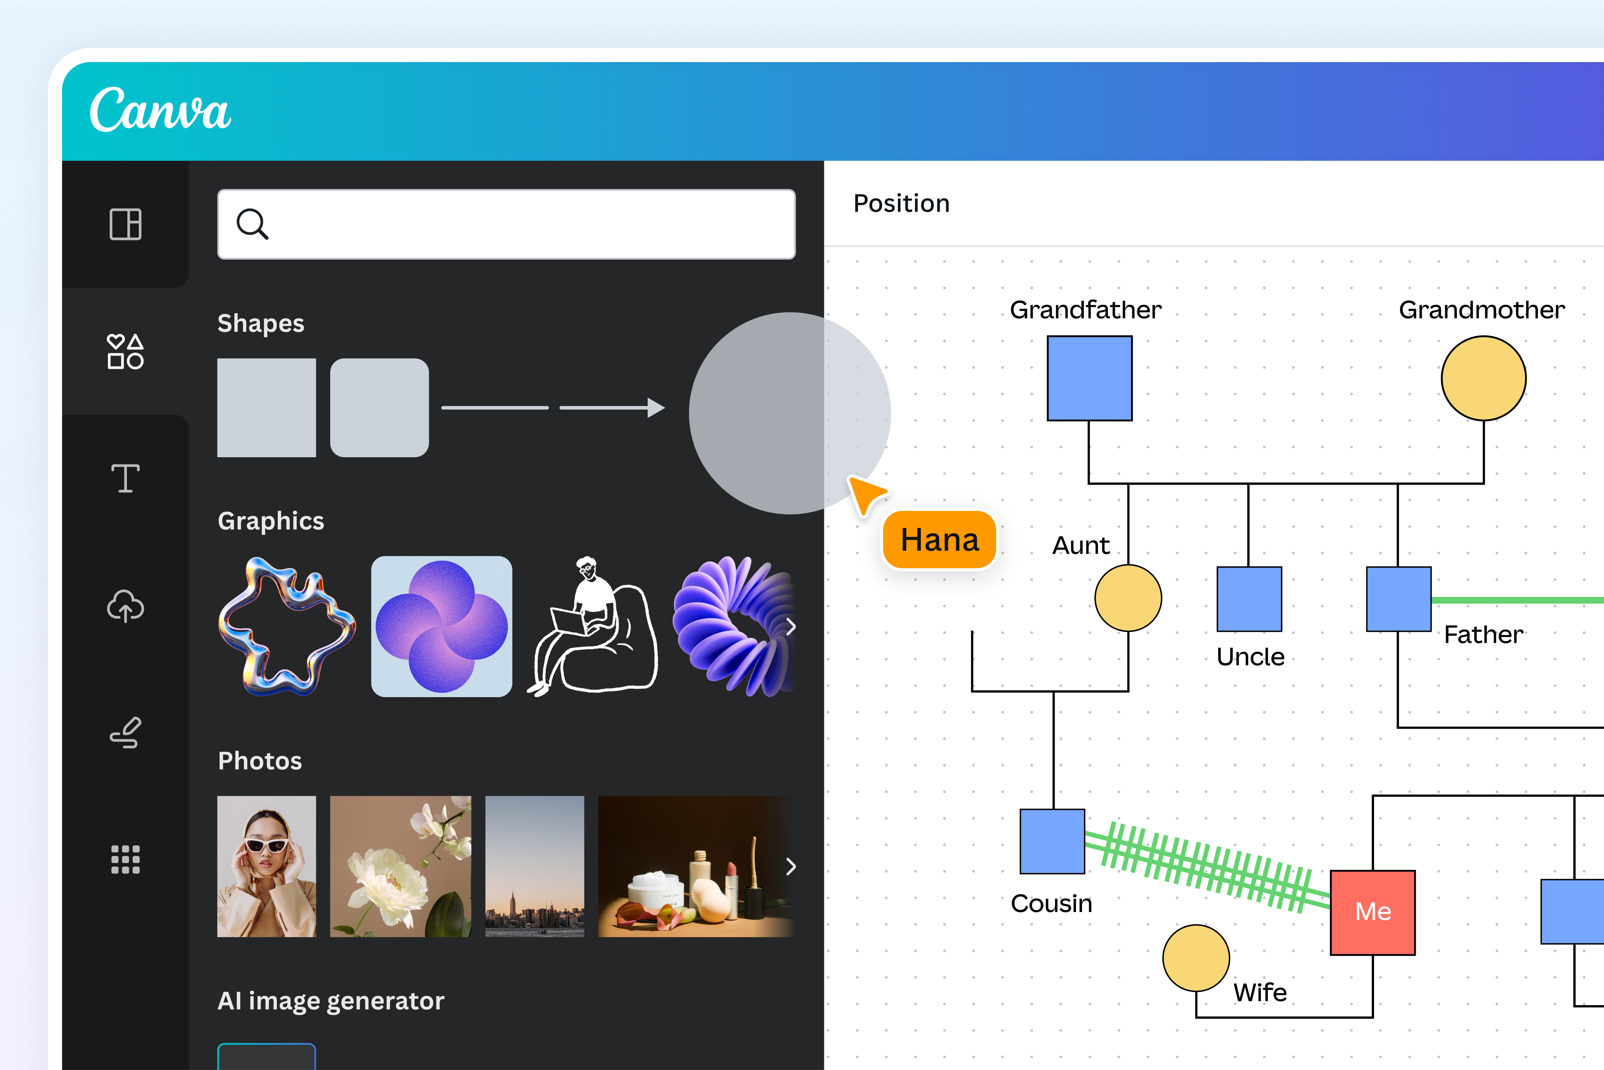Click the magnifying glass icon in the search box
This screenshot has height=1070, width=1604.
click(252, 224)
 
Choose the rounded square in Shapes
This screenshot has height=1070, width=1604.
click(380, 407)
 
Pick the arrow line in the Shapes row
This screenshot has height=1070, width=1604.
click(611, 407)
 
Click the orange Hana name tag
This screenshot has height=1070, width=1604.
click(940, 540)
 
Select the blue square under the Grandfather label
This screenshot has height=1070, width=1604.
click(1090, 378)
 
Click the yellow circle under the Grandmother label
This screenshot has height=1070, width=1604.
click(1483, 378)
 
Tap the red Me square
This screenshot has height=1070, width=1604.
click(1373, 912)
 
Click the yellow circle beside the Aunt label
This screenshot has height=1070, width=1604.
click(1128, 598)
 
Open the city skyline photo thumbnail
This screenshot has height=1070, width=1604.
click(534, 866)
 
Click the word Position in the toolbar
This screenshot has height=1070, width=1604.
click(901, 203)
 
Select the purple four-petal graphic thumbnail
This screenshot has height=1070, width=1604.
click(442, 626)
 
